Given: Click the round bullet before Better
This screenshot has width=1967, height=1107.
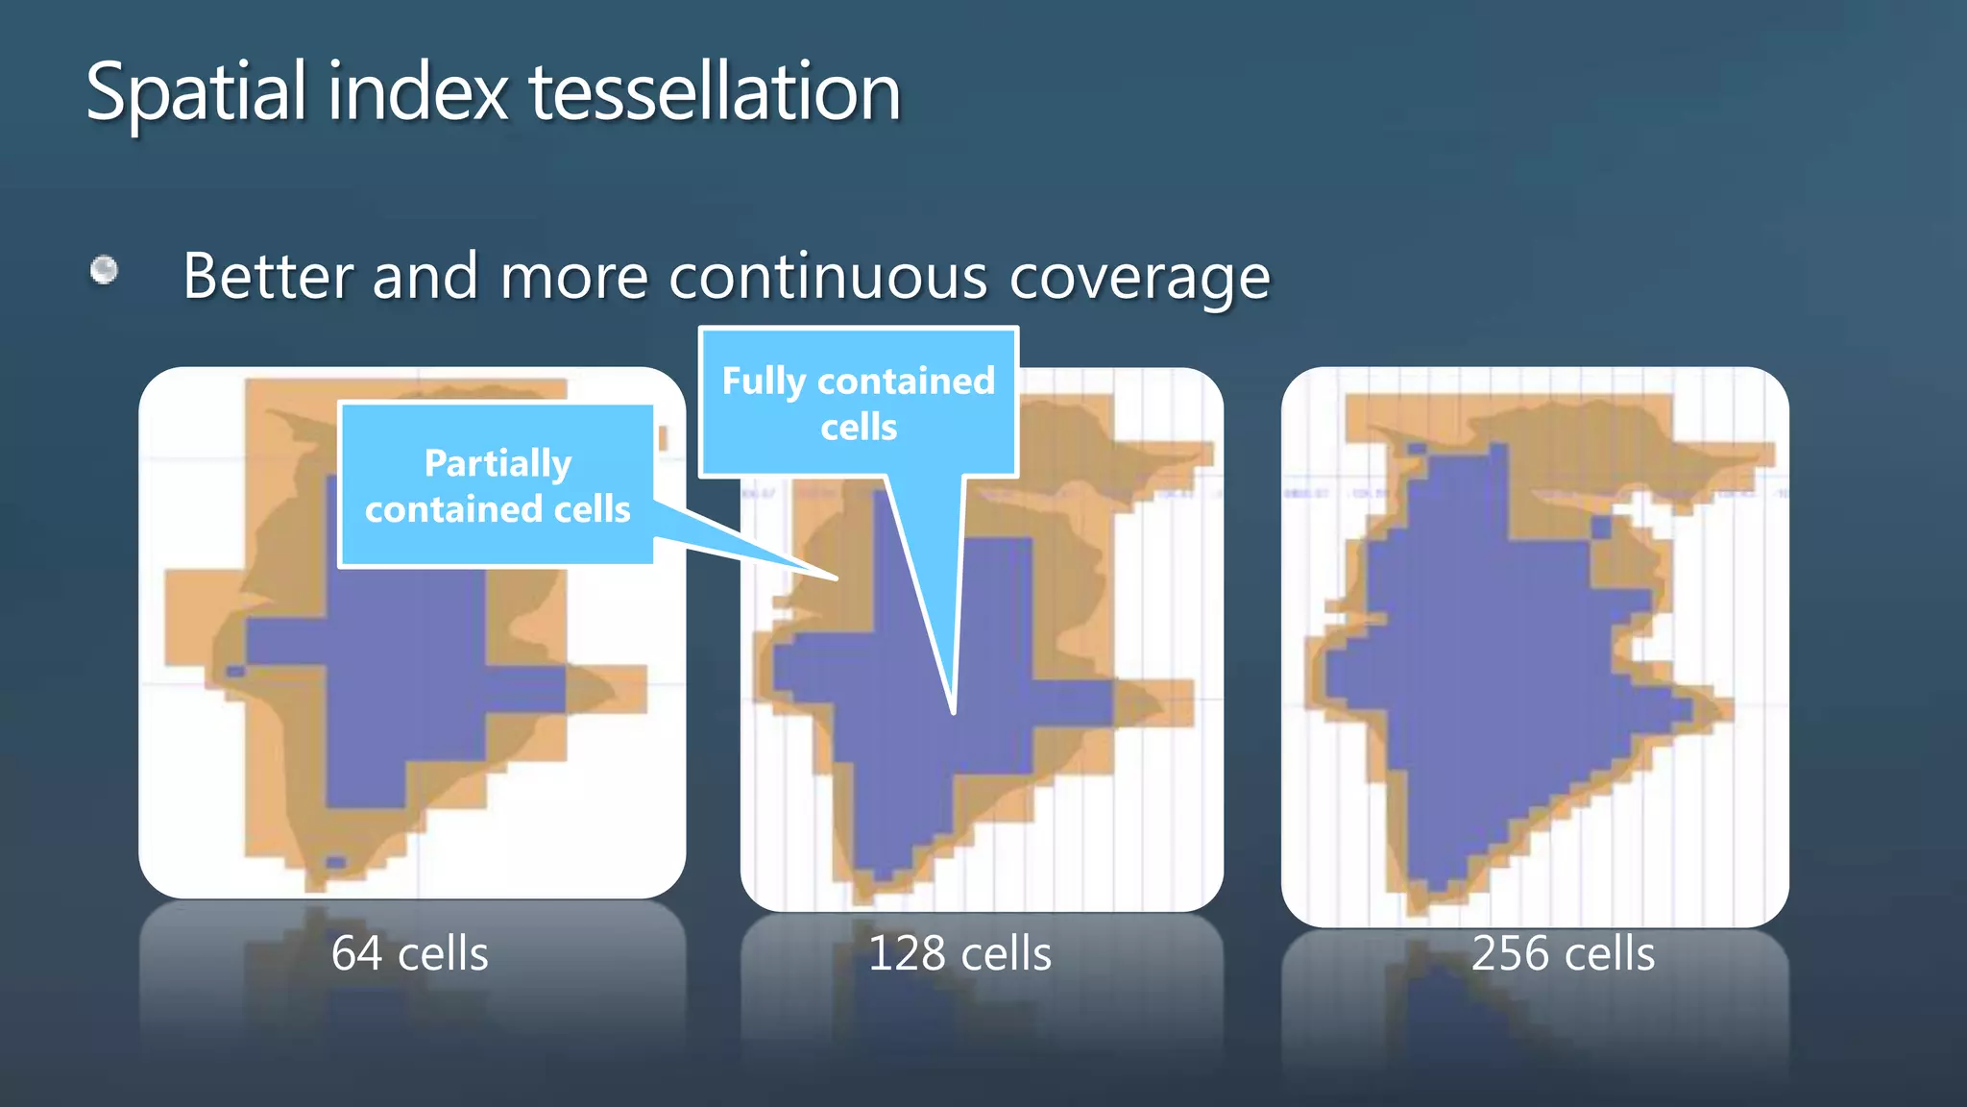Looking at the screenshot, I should click(x=104, y=270).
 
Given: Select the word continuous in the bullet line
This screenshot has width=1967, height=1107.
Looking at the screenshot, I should click(x=829, y=277).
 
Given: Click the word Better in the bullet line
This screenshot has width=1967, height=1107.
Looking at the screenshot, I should click(x=268, y=277).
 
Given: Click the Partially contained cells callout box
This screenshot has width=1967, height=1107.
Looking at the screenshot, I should click(x=497, y=485).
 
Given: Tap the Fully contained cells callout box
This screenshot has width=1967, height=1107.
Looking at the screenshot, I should click(x=858, y=403).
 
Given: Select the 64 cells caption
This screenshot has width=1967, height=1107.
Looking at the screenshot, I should click(x=409, y=953).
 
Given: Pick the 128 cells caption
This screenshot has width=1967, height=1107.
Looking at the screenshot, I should click(x=959, y=953).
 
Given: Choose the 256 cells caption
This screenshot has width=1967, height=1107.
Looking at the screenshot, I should click(x=1563, y=953).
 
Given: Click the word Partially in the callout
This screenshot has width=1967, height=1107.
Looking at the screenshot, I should click(x=498, y=463).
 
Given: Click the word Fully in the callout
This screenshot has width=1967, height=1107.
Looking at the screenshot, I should click(x=764, y=381).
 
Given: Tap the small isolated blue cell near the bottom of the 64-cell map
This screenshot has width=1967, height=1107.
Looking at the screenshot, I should click(x=335, y=861).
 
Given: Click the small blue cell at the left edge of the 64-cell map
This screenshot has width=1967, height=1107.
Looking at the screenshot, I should click(x=235, y=671).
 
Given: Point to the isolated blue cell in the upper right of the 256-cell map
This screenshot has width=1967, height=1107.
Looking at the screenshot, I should click(x=1601, y=528).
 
